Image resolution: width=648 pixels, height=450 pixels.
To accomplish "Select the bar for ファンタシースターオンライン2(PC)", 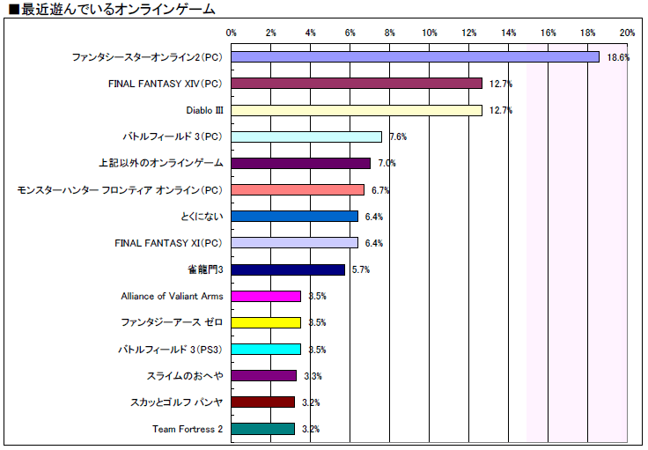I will (415, 57).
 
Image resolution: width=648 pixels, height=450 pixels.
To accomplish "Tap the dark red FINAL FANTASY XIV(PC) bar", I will (357, 84).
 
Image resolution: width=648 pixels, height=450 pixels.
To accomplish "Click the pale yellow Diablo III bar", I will (357, 110).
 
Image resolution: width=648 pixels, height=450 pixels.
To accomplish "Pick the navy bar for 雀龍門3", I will (288, 269).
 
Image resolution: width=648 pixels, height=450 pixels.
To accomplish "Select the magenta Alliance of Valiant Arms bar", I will (266, 296).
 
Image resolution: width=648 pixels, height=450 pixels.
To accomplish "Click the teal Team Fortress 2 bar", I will (263, 429).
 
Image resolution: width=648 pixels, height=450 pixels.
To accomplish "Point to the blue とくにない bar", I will (295, 217).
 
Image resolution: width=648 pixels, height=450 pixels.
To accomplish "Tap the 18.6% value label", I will (618, 58).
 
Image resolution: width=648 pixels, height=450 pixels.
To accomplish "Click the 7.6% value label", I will (397, 137).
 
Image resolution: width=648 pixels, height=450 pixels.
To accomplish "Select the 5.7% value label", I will (360, 270).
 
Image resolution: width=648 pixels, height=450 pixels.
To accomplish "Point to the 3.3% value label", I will (312, 376).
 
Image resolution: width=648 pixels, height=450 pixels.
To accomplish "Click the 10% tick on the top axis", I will (430, 33).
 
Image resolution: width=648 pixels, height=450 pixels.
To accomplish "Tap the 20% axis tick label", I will (627, 33).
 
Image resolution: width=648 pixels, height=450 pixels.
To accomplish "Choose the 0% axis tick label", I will (232, 33).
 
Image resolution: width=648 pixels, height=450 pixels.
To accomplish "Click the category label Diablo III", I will (204, 111).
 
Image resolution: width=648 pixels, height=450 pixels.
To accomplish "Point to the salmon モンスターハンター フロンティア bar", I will (298, 190).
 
